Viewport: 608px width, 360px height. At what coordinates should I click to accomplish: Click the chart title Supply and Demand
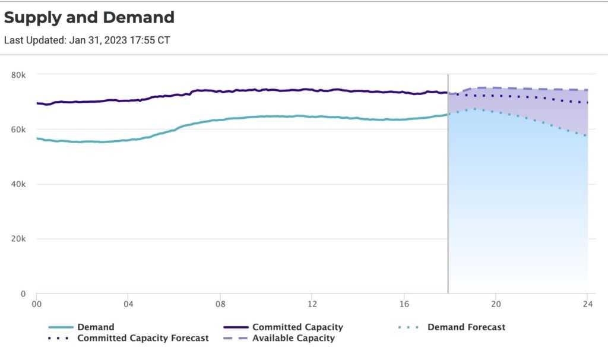89,17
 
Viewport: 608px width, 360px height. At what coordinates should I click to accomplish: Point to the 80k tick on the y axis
20,75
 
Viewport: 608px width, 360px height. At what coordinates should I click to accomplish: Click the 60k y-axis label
20,130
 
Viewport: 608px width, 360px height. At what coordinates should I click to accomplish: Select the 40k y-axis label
20,184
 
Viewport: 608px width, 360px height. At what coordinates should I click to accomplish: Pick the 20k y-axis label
20,239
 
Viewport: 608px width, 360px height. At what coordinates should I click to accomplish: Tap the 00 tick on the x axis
36,304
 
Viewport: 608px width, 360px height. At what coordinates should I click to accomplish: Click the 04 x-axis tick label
128,304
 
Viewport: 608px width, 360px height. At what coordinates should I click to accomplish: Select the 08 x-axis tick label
220,304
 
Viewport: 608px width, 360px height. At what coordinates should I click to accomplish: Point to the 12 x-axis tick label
312,304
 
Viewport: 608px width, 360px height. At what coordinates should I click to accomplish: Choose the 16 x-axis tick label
404,304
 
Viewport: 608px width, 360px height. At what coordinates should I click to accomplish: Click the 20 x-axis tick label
496,304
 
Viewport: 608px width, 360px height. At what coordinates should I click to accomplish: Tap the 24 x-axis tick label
587,304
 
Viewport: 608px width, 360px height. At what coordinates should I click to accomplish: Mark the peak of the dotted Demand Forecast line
474,109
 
